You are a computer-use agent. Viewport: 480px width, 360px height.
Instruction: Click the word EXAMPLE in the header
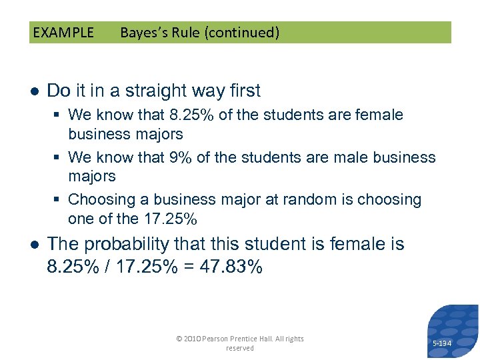[x=63, y=33]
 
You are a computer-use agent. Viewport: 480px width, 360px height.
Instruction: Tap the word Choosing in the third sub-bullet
[x=109, y=199]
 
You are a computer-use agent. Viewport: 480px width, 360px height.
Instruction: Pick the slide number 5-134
[x=442, y=343]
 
